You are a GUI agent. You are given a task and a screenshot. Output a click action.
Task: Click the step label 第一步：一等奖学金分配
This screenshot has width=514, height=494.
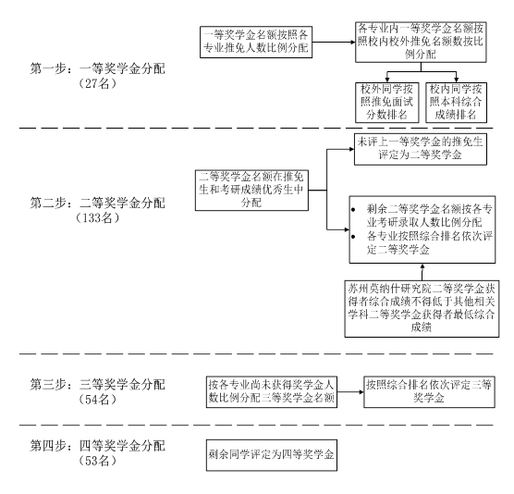point(98,68)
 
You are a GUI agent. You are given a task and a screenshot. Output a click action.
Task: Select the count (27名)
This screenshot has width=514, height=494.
point(98,84)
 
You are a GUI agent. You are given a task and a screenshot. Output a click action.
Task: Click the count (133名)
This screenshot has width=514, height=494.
point(98,217)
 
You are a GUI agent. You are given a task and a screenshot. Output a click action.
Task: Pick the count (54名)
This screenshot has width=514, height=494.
point(98,400)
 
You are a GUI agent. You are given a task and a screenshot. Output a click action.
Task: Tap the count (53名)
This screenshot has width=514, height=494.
point(98,461)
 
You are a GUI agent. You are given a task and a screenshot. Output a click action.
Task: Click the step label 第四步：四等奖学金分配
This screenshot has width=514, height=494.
point(98,446)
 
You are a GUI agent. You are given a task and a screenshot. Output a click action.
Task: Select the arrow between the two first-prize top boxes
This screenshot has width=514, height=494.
point(334,42)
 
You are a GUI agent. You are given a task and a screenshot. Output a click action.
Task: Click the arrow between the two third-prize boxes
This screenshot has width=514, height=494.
point(350,392)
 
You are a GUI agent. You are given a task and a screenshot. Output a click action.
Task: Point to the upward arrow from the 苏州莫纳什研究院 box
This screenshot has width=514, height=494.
point(422,272)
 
